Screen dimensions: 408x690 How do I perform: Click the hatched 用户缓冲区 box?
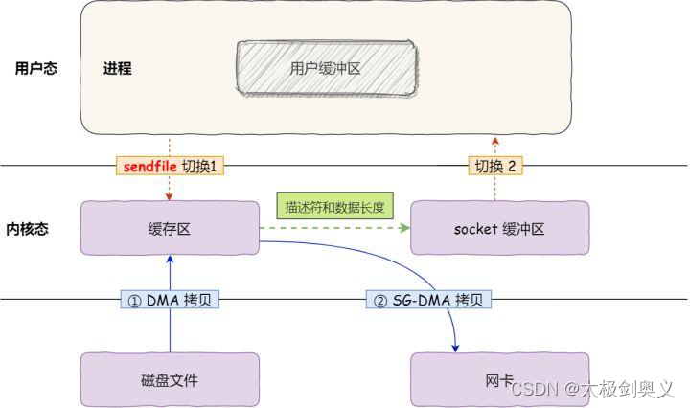coord(326,69)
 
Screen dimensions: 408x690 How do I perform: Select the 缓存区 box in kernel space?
coord(170,228)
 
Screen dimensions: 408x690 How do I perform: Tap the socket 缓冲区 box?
coord(498,228)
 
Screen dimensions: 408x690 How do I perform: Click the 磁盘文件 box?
coord(170,379)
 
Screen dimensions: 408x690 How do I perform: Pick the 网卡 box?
coord(498,379)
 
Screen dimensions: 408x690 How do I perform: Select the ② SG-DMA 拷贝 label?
coord(429,300)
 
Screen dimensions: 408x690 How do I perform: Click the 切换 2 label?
coord(496,166)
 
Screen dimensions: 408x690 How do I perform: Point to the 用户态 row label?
coord(36,69)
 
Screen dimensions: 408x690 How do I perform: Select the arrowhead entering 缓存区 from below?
coord(170,260)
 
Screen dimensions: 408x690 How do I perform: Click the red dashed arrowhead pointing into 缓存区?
coord(170,196)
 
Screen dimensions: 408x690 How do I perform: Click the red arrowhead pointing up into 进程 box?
coord(495,140)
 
